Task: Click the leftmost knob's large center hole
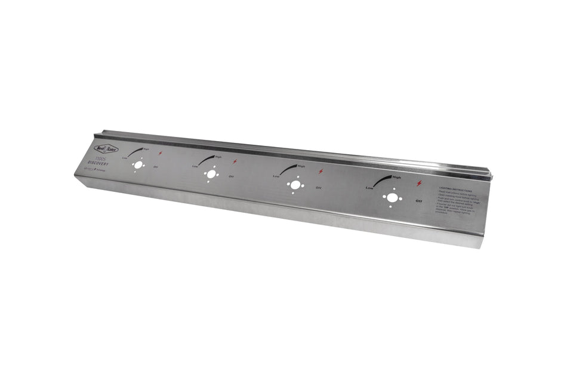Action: coord(138,165)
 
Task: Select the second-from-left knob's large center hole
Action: coord(211,174)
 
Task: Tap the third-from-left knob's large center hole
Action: coord(295,185)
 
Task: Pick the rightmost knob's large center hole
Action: coord(392,197)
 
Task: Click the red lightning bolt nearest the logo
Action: coord(161,153)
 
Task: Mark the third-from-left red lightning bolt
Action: coord(321,172)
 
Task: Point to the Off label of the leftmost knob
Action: coord(156,167)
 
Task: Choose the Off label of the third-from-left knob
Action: coord(318,188)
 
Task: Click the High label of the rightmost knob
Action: coord(396,177)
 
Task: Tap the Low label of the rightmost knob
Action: coord(369,188)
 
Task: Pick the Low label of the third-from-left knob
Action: coord(276,176)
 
